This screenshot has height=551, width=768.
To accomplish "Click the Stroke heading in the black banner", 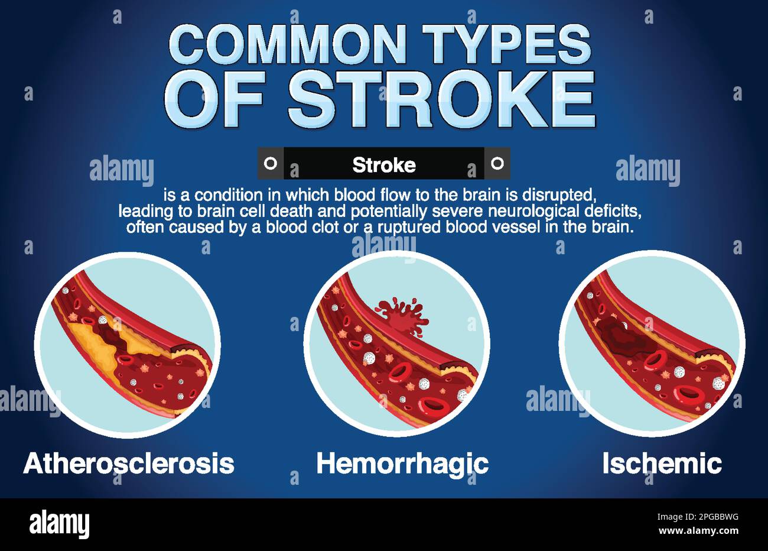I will pyautogui.click(x=384, y=165).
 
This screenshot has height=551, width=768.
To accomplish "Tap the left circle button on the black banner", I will pyautogui.click(x=271, y=163).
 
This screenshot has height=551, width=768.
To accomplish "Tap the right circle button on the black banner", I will pyautogui.click(x=497, y=163).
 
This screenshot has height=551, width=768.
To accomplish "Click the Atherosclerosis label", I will pyautogui.click(x=129, y=464).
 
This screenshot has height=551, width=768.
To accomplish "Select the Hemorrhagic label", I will pyautogui.click(x=402, y=464).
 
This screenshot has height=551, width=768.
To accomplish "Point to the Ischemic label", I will pyautogui.click(x=662, y=464).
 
